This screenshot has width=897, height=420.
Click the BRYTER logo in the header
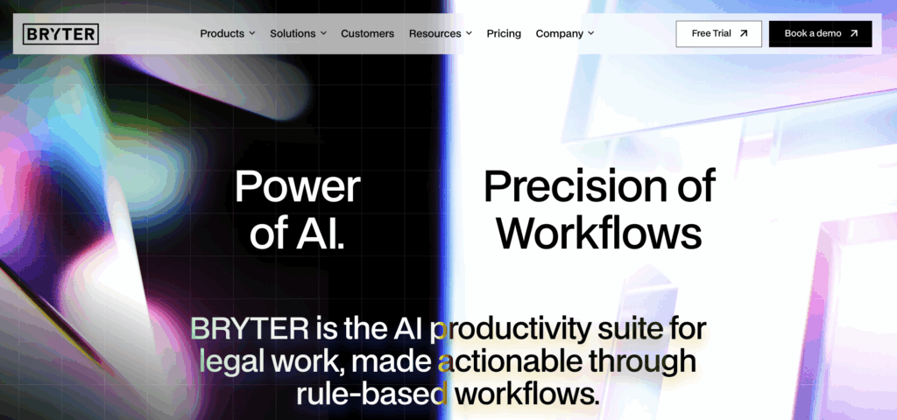coord(60,34)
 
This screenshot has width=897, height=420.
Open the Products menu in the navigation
coord(228,34)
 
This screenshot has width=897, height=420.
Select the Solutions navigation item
coord(298,34)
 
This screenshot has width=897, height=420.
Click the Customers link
coord(367,34)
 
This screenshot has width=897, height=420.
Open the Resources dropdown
coord(441,34)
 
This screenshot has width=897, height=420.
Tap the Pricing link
coord(504,34)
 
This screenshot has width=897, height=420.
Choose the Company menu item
coord(565,34)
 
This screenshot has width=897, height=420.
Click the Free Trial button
coord(718,34)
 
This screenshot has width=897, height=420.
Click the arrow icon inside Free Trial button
coord(744,34)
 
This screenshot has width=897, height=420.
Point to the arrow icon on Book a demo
coord(854,34)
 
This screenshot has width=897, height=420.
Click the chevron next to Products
coord(252,34)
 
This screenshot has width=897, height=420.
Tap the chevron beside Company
coord(591,34)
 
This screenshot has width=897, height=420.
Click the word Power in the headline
coord(298,187)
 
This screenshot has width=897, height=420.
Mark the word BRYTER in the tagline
coord(250,329)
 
